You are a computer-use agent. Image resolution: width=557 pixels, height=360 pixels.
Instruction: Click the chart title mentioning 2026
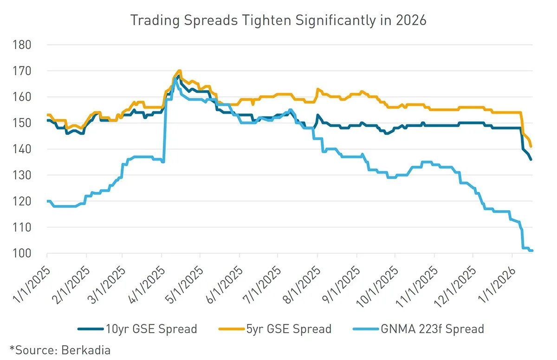click(278, 21)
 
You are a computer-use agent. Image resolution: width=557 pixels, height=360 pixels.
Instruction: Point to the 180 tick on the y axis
click(22, 45)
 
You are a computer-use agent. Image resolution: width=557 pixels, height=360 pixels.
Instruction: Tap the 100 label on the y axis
click(22, 253)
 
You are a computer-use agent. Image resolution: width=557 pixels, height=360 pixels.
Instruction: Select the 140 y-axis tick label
click(22, 149)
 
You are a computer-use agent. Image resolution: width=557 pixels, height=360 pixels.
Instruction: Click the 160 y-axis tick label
click(22, 97)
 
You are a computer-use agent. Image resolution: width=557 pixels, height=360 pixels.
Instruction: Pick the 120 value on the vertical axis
click(22, 201)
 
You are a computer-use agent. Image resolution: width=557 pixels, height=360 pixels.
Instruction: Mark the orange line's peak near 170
click(179, 71)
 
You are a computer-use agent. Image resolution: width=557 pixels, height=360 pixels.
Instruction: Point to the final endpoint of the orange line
click(531, 147)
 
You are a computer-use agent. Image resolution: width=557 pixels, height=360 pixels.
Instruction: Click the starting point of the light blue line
click(47, 201)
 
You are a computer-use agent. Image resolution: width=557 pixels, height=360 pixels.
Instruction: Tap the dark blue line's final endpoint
click(531, 160)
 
